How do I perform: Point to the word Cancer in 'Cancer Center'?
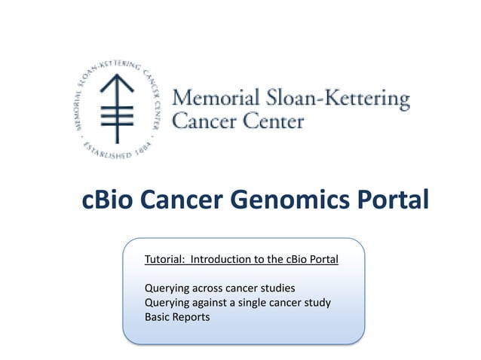click(x=204, y=121)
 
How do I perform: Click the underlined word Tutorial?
click(x=164, y=260)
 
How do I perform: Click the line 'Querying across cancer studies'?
click(x=219, y=288)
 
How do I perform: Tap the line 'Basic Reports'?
click(x=177, y=317)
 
